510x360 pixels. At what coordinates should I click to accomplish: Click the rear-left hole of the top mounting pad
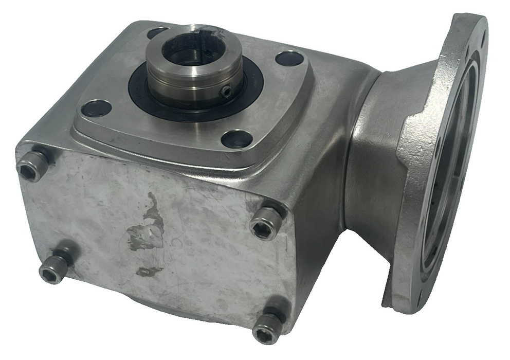[157, 33]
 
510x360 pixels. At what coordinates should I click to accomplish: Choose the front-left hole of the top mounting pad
[96, 108]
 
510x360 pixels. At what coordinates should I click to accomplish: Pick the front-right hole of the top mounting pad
[237, 139]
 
